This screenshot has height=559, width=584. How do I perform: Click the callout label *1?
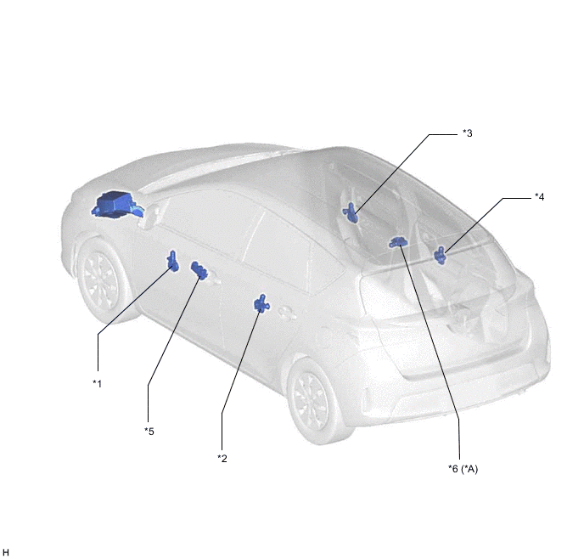(98, 383)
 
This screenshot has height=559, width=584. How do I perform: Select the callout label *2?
(222, 459)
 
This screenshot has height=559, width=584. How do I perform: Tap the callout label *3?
(468, 133)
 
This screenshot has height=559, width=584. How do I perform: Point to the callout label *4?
(539, 196)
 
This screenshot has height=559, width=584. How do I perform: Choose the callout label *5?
(149, 432)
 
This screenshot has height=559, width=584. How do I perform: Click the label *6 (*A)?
(463, 468)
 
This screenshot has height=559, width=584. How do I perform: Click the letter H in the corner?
(5, 552)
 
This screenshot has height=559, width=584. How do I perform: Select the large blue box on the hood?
(116, 204)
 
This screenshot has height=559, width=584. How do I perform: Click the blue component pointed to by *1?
(173, 261)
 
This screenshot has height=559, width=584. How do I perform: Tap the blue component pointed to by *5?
(198, 270)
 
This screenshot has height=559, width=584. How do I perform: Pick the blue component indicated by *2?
(261, 303)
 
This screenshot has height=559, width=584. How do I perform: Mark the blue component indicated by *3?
(351, 213)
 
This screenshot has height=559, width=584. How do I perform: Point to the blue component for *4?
(441, 255)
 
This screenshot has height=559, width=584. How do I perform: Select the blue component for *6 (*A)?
(398, 242)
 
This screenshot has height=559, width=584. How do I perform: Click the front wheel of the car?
(100, 280)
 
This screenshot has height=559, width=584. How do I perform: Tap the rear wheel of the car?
(313, 402)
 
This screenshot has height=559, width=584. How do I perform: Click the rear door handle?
(286, 313)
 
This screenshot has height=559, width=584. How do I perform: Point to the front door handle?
(213, 279)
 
